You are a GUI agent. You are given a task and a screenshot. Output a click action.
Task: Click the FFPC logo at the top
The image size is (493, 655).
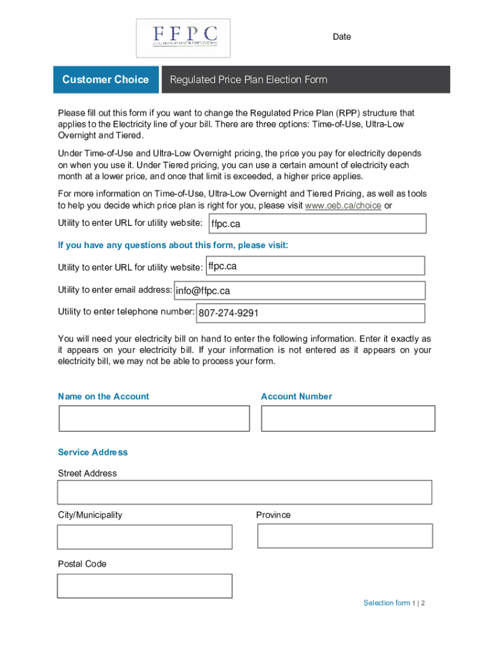coord(184,37)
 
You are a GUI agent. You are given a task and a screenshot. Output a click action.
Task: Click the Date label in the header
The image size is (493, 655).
coord(341,36)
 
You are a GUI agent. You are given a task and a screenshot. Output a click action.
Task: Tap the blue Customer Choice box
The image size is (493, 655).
coord(106,79)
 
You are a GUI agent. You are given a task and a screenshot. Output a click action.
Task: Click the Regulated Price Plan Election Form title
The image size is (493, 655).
coord(248,79)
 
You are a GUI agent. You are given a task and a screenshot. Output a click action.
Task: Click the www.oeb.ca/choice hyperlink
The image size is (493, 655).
coord(343,205)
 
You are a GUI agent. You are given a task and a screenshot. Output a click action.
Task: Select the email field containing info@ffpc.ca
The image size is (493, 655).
coord(299,290)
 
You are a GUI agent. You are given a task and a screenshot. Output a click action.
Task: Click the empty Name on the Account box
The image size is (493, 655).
coord(154,418)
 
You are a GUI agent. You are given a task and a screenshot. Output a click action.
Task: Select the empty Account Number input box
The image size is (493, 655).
coord(348,418)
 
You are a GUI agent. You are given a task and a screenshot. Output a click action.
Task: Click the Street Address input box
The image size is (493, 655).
coord(245,493)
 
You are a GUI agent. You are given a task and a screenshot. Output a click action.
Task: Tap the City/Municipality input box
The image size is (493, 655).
coord(145,537)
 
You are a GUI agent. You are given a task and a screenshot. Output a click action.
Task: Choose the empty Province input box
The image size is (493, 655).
coord(344,536)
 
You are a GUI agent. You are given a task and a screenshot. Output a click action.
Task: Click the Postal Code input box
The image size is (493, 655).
coord(145,586)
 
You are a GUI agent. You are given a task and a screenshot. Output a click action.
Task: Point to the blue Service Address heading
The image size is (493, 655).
coord(93,452)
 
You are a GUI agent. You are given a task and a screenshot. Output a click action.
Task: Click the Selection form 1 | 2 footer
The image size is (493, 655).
coord(394,603)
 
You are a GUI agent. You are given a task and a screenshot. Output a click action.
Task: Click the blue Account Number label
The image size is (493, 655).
coord(296,397)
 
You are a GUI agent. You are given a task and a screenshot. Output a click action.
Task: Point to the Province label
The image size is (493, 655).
coord(273,515)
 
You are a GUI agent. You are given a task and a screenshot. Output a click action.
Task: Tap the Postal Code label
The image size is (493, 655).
coord(82,564)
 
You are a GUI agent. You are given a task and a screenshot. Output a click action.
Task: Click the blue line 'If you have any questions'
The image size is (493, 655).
coord(173,245)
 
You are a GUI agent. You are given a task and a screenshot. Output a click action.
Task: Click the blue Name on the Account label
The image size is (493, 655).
coord(103,397)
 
